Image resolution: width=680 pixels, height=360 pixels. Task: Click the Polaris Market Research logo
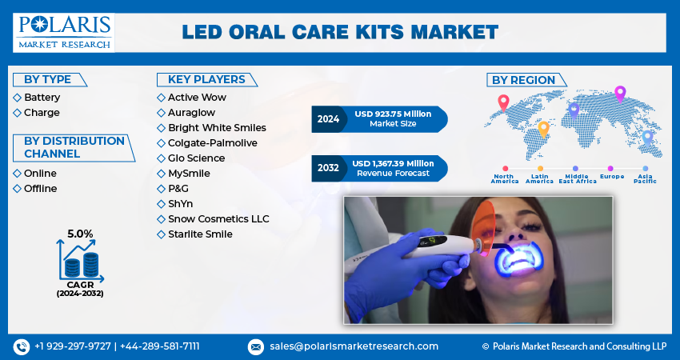point(64,33)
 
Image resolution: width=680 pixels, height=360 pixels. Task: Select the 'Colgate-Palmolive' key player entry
point(213,142)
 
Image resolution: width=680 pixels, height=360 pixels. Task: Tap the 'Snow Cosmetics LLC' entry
point(218,218)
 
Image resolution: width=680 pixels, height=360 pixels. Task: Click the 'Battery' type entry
point(42,97)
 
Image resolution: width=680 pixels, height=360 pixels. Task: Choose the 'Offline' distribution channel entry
point(40,188)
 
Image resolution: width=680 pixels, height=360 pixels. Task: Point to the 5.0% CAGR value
point(80,234)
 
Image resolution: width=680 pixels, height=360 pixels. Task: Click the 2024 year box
point(328,119)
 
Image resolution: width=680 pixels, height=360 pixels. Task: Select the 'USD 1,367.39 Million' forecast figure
point(393,163)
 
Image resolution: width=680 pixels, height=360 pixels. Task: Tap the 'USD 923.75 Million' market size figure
point(393,114)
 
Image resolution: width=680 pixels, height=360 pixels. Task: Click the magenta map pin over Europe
point(620,94)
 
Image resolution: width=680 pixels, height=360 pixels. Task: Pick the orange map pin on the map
point(543,130)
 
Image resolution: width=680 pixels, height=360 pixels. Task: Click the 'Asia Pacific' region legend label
point(645,178)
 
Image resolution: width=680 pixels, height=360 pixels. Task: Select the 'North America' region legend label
point(504,178)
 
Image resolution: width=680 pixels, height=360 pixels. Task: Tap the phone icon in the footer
point(22,346)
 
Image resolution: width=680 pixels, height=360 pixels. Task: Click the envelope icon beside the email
point(255,346)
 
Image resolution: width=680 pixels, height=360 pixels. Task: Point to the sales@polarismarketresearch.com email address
point(354,346)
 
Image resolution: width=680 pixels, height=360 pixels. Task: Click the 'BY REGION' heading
point(523,80)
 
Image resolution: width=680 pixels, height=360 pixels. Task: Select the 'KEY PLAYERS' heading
point(206,79)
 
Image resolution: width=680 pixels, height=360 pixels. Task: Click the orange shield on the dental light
point(482,227)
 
